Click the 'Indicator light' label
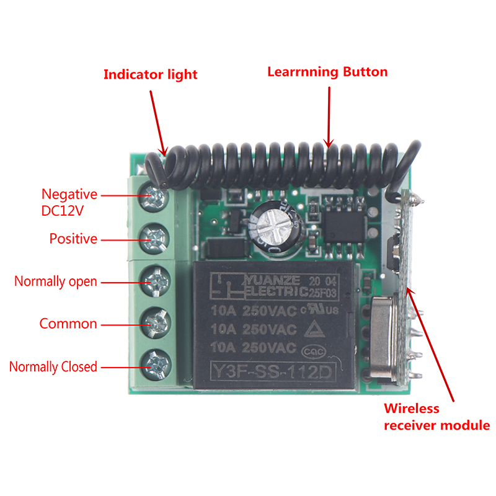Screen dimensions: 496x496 (150, 75)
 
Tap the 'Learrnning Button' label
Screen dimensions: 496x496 (327, 72)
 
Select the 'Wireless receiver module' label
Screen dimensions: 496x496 (436, 417)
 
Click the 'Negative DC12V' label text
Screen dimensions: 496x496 (69, 202)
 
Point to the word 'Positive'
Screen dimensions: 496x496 (73, 239)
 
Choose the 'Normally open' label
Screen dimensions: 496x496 (56, 281)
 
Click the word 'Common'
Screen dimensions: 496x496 (68, 324)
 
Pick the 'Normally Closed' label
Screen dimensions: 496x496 (53, 366)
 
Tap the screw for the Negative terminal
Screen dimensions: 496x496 (154, 197)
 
